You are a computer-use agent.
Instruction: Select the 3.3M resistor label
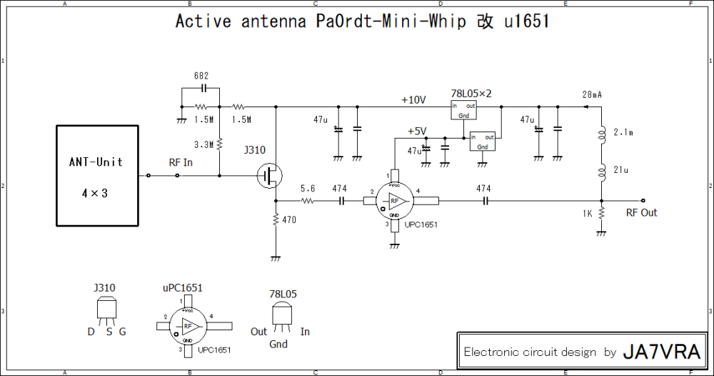pyautogui.click(x=203, y=144)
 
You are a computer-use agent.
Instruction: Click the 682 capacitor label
pyautogui.click(x=201, y=76)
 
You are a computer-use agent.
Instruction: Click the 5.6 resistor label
pyautogui.click(x=307, y=189)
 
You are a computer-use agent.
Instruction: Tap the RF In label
pyautogui.click(x=180, y=162)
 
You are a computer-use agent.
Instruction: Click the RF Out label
pyautogui.click(x=641, y=213)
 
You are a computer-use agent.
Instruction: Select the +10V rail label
pyautogui.click(x=413, y=99)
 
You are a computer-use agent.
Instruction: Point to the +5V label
pyautogui.click(x=416, y=131)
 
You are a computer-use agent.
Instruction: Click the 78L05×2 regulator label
pyautogui.click(x=472, y=94)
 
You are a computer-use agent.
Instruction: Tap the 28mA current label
pyautogui.click(x=592, y=94)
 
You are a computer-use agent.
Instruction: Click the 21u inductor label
pyautogui.click(x=620, y=169)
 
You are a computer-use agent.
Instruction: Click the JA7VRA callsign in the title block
pyautogui.click(x=663, y=352)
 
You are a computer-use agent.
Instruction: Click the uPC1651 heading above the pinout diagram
pyautogui.click(x=183, y=288)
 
